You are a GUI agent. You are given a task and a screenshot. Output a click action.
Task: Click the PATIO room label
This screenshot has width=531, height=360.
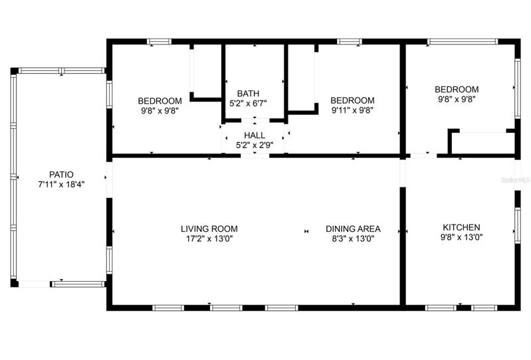pyautogui.click(x=61, y=175)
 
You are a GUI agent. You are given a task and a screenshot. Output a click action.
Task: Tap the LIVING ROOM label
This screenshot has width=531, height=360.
pyautogui.click(x=209, y=228)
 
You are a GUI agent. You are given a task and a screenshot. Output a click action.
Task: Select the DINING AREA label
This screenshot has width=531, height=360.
pyautogui.click(x=353, y=228)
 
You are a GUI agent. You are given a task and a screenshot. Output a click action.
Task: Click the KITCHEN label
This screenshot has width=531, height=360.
pyautogui.click(x=461, y=227)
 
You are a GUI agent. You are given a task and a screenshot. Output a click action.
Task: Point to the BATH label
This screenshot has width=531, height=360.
pyautogui.click(x=249, y=94)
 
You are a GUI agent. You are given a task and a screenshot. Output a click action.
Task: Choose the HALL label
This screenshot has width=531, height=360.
pyautogui.click(x=255, y=135)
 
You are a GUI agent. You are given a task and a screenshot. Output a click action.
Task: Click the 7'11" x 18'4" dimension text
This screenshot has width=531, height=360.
pyautogui.click(x=61, y=185)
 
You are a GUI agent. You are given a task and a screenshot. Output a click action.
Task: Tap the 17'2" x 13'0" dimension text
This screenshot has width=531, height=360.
pyautogui.click(x=209, y=239)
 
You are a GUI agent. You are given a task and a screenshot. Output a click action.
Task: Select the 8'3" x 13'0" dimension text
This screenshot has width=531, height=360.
pyautogui.click(x=353, y=239)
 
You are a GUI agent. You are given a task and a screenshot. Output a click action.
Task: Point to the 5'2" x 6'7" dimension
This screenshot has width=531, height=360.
pyautogui.click(x=249, y=104)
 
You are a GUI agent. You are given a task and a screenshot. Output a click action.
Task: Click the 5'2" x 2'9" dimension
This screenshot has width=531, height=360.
pyautogui.click(x=255, y=145)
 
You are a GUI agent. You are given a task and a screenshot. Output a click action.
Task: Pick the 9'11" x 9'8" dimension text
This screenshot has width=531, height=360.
pyautogui.click(x=352, y=110)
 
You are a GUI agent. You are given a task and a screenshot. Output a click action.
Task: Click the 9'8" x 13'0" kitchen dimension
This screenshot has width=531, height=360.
pyautogui.click(x=461, y=238)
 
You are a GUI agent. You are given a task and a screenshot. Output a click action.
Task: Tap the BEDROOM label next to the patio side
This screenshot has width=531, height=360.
pyautogui.click(x=160, y=101)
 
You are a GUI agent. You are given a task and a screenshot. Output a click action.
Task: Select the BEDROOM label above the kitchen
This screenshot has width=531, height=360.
pyautogui.click(x=457, y=89)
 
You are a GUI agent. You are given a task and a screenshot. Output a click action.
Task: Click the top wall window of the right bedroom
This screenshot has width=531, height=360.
pyautogui.click(x=463, y=42)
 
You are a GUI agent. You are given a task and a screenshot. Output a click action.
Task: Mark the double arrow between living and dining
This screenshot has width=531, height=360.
pyautogui.click(x=306, y=231)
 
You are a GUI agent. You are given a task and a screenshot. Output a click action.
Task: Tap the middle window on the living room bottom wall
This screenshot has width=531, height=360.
pyautogui.click(x=226, y=308)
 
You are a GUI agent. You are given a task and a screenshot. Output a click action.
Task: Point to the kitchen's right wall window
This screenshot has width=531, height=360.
pyautogui.click(x=518, y=225)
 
